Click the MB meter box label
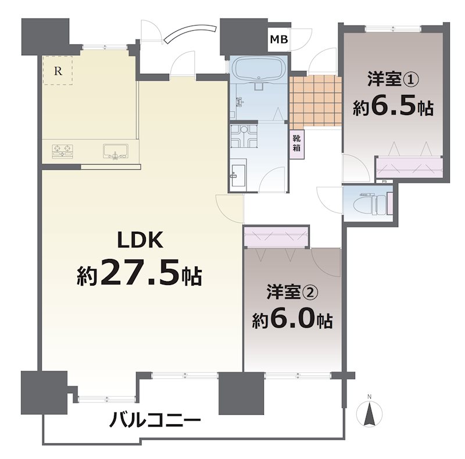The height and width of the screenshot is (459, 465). [x=279, y=40]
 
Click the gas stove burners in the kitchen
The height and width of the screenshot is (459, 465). [x=63, y=151]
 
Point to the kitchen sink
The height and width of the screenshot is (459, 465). [x=116, y=151]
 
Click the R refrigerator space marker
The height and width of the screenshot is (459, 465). [x=58, y=70]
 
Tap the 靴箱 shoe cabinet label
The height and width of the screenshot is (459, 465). [x=296, y=143]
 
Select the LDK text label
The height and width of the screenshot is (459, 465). [x=140, y=240]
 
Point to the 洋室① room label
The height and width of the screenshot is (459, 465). [x=394, y=79]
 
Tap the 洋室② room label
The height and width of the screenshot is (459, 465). [x=292, y=292]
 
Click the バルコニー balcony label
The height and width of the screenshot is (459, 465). [x=155, y=420]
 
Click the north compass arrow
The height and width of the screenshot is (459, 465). [x=369, y=413]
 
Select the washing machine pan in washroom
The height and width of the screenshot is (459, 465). [x=244, y=136]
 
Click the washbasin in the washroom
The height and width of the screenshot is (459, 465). [x=238, y=176]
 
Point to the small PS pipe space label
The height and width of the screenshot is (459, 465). [x=384, y=182]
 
